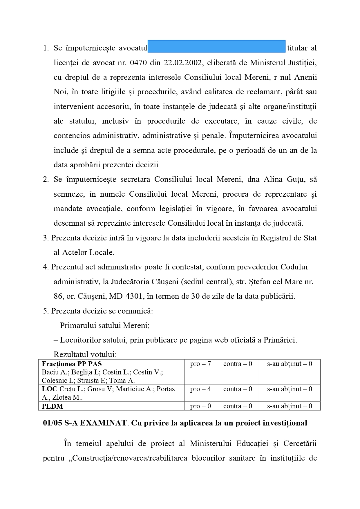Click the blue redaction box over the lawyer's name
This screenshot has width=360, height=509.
(216, 46)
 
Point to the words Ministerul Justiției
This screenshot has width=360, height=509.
(283, 63)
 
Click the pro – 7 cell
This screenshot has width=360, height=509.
(200, 364)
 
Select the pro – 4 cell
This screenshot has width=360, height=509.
(200, 389)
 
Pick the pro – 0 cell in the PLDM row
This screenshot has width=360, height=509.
(200, 406)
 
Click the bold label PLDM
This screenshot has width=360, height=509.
(53, 406)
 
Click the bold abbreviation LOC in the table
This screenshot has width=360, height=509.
(49, 389)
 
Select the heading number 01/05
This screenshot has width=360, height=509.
(53, 423)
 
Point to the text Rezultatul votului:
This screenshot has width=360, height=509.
(85, 354)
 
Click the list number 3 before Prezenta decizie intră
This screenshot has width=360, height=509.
(45, 238)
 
